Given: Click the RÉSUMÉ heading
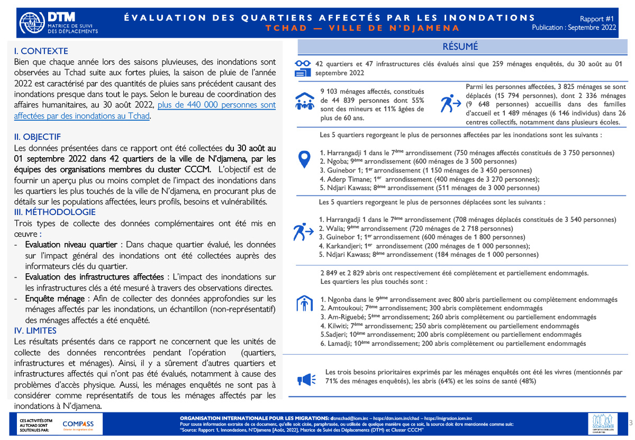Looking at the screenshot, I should pyautogui.click(x=460, y=47).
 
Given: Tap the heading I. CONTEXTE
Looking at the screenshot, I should pyautogui.click(x=41, y=51).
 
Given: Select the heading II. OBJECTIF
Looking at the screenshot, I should pyautogui.click(x=38, y=137).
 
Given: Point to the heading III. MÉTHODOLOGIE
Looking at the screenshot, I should pyautogui.click(x=55, y=212).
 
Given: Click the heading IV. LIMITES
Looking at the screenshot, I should pyautogui.click(x=35, y=330).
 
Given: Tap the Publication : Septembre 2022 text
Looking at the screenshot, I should pyautogui.click(x=574, y=28).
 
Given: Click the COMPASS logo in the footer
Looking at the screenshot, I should pyautogui.click(x=78, y=424).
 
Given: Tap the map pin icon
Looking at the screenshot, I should pyautogui.click(x=304, y=158).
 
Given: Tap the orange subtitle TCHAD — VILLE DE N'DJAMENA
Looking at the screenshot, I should pyautogui.click(x=363, y=28).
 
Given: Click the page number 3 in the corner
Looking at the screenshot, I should pyautogui.click(x=630, y=423).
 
